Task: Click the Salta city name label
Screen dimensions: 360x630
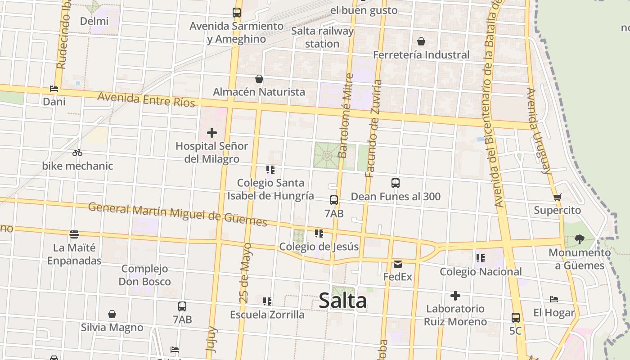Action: pyautogui.click(x=342, y=301)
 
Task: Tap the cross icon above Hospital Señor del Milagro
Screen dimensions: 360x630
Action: pyautogui.click(x=211, y=133)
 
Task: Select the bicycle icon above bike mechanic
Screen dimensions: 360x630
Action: pyautogui.click(x=77, y=153)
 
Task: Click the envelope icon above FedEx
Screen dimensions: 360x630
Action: pyautogui.click(x=398, y=264)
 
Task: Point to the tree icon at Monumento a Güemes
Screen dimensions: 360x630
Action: pyautogui.click(x=580, y=239)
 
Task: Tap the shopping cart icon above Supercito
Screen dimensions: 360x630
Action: pyautogui.click(x=558, y=197)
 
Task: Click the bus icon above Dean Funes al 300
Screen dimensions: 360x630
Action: pyautogui.click(x=396, y=183)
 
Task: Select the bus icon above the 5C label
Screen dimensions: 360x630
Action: pyautogui.click(x=516, y=318)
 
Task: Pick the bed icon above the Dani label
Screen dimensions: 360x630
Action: pyautogui.click(x=54, y=89)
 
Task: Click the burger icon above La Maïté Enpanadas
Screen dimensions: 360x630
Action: pyautogui.click(x=74, y=234)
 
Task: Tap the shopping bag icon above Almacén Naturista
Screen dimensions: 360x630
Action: pyautogui.click(x=259, y=79)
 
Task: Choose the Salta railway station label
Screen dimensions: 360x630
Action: pyautogui.click(x=322, y=37)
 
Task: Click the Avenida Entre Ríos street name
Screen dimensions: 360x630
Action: pyautogui.click(x=146, y=99)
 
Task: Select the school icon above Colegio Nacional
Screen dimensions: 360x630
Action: pyautogui.click(x=481, y=258)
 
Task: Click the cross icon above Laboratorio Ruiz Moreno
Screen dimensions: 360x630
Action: pyautogui.click(x=455, y=296)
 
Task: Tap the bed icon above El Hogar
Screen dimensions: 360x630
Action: pyautogui.click(x=554, y=299)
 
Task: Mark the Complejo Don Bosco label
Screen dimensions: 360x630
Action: pyautogui.click(x=144, y=275)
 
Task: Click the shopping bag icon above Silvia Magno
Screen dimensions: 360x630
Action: pyautogui.click(x=112, y=314)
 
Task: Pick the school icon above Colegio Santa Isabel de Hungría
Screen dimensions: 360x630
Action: pyautogui.click(x=270, y=170)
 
